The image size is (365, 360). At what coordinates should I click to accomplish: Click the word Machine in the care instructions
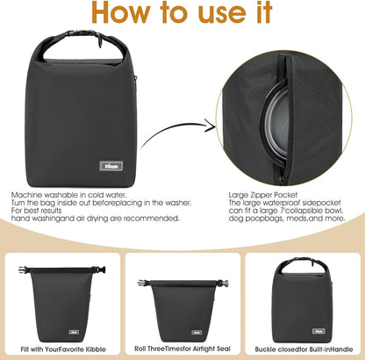27,194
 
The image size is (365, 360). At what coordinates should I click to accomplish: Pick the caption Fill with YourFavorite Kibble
61,349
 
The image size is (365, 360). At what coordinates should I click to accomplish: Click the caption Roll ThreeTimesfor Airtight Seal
182,349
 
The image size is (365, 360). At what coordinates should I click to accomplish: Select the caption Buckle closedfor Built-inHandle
303,349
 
